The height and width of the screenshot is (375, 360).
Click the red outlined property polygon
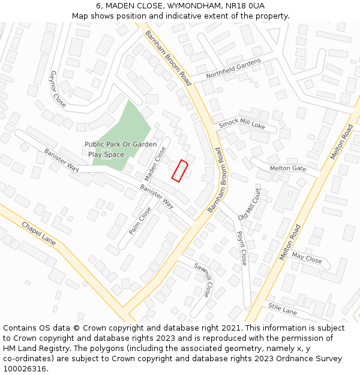tap(180, 170)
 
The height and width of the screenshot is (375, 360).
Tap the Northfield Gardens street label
tap(233, 69)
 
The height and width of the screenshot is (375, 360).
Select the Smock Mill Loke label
tap(242, 124)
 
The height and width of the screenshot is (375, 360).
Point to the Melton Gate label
tap(287, 169)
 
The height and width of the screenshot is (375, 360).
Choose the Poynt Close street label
tap(241, 248)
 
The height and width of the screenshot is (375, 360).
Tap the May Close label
tap(307, 257)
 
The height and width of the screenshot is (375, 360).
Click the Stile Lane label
tap(283, 310)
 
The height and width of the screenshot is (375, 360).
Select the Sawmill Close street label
tap(202, 279)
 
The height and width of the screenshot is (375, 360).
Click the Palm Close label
tap(140, 221)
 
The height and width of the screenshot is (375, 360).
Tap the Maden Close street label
tap(155, 164)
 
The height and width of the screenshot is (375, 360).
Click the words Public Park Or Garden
tap(121, 144)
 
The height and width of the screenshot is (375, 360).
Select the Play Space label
tap(106, 154)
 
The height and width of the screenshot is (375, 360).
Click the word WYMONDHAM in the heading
tap(185, 5)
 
